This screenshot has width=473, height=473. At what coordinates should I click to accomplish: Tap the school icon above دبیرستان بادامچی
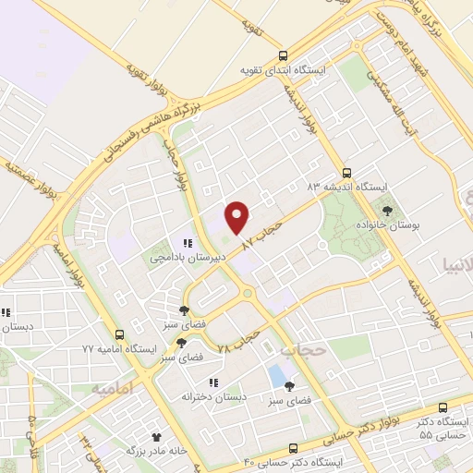(x=188, y=244)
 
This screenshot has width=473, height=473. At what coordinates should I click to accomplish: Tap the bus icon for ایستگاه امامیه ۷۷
(x=118, y=334)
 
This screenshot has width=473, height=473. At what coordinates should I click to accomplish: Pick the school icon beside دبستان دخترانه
(x=212, y=382)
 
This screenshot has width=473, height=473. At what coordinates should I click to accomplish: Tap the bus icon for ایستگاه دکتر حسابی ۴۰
(x=294, y=446)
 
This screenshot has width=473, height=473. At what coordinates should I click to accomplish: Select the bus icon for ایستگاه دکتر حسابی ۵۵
(x=443, y=407)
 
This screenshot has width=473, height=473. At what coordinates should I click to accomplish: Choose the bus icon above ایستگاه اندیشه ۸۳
(x=346, y=172)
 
